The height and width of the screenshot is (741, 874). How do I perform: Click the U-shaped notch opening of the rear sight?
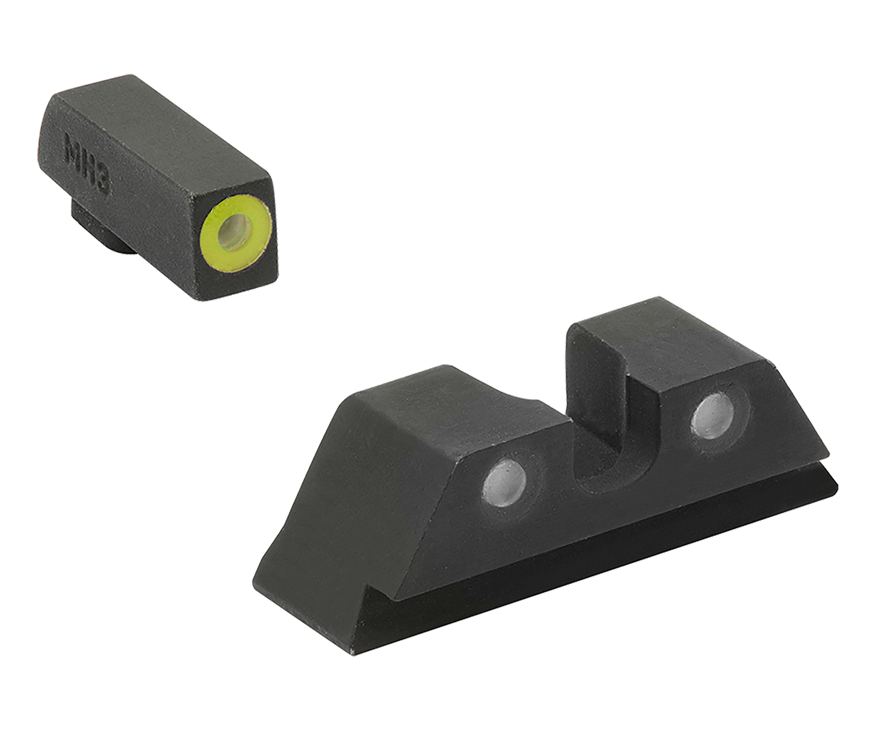click(x=606, y=443)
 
